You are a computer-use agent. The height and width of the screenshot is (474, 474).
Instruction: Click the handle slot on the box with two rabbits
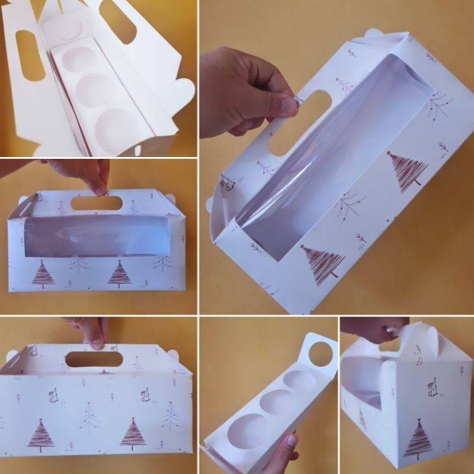[94, 359]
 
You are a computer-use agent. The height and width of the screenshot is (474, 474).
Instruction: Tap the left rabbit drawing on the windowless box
[53, 395]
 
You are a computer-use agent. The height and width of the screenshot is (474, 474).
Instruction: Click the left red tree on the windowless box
[41, 435]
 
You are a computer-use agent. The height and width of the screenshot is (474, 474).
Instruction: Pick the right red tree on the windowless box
[133, 434]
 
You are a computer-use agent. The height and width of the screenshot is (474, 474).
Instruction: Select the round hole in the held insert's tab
[321, 354]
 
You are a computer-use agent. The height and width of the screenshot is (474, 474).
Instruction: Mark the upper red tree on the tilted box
[406, 172]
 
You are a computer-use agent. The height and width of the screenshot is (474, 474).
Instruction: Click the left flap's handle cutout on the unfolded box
[29, 55]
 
